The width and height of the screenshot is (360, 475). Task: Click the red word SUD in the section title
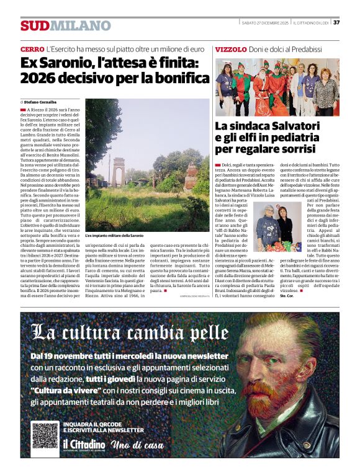coord(34,25)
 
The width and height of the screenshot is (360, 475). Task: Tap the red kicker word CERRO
coord(32,49)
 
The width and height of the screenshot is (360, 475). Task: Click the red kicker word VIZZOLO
coord(231,49)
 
